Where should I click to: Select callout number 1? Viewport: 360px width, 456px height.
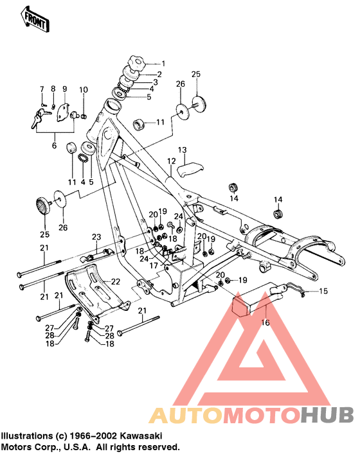click(163, 64)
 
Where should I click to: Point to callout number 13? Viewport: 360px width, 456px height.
click(182, 149)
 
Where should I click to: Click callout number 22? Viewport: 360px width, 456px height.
click(116, 281)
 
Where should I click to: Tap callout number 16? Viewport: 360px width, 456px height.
click(265, 324)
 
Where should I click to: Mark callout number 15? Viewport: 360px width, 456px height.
click(323, 292)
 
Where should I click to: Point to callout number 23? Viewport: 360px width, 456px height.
click(96, 237)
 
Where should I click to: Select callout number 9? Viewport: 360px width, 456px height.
click(64, 89)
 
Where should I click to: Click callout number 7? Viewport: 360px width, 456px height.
click(42, 89)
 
